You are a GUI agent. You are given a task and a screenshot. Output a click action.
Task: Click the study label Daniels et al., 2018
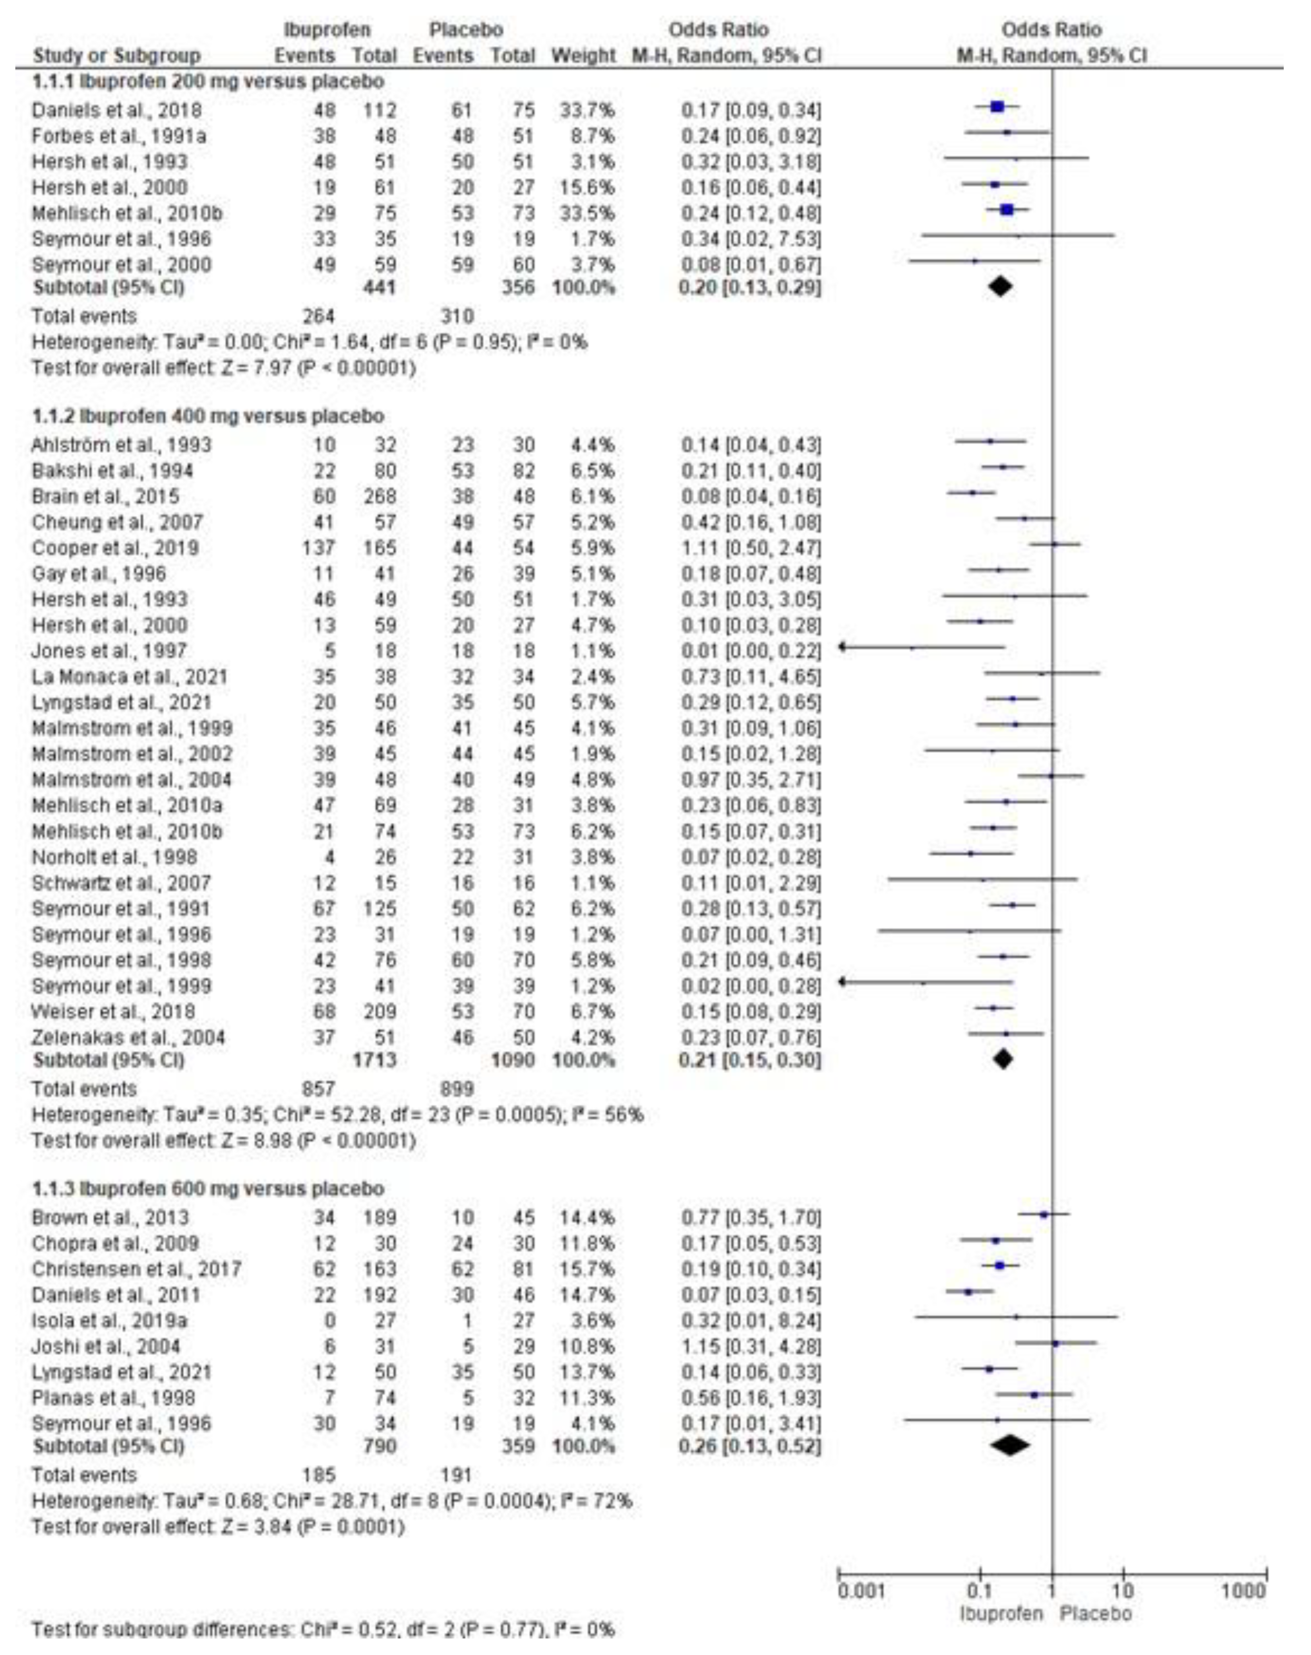pos(116,111)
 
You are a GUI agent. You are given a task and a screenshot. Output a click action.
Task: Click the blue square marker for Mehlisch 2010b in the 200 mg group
pos(1007,210)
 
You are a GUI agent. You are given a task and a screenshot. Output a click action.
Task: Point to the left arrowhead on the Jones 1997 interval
pos(842,647)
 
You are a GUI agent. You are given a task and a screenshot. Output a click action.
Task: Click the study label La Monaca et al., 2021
pos(129,677)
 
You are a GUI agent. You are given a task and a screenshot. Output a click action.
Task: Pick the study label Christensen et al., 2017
pos(137,1270)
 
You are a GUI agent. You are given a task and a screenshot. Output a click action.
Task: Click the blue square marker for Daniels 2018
pos(997,107)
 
